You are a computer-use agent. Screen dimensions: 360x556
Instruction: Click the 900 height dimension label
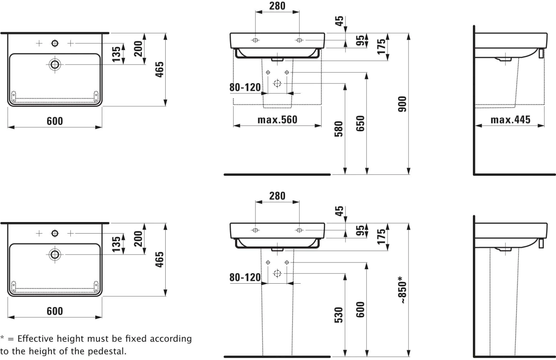pyautogui.click(x=402, y=104)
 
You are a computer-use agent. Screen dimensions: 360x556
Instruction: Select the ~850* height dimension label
pyautogui.click(x=402, y=290)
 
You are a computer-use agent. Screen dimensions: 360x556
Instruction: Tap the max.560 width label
pyautogui.click(x=277, y=120)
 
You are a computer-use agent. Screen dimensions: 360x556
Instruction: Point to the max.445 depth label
pyautogui.click(x=510, y=120)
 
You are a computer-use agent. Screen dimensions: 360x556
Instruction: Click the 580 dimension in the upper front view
pyautogui.click(x=338, y=129)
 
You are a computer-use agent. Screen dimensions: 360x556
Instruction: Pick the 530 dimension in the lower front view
pyautogui.click(x=338, y=315)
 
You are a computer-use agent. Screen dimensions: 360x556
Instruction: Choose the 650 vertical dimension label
pyautogui.click(x=360, y=123)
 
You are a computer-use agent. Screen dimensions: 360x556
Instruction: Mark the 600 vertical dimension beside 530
pyautogui.click(x=360, y=310)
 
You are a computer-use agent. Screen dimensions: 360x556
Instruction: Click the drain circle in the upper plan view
pyautogui.click(x=55, y=65)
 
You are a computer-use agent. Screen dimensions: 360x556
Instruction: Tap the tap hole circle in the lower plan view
pyautogui.click(x=55, y=233)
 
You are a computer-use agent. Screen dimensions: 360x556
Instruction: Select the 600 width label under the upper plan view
pyautogui.click(x=55, y=121)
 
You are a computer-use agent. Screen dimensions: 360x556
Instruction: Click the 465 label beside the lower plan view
pyautogui.click(x=159, y=260)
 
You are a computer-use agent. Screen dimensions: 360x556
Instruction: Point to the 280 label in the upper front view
pyautogui.click(x=277, y=6)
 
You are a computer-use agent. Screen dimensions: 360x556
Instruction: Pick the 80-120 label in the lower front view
pyautogui.click(x=245, y=277)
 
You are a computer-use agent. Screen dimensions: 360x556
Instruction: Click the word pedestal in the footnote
pyautogui.click(x=107, y=351)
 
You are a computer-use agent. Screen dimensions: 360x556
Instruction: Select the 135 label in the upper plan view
pyautogui.click(x=116, y=54)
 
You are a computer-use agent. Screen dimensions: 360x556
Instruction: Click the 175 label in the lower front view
pyautogui.click(x=381, y=237)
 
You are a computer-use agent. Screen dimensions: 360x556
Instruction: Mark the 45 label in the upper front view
pyautogui.click(x=339, y=21)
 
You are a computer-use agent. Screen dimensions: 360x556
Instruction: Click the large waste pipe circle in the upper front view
pyautogui.click(x=277, y=83)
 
